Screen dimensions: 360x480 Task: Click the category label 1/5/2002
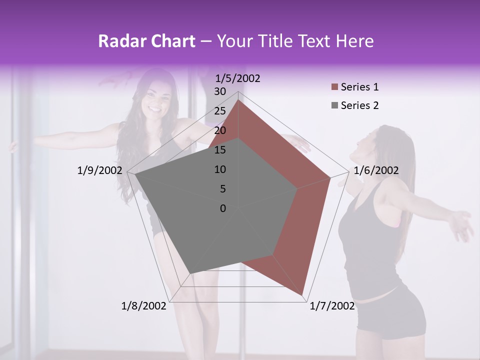click(238, 78)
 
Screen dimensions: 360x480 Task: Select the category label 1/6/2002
click(376, 170)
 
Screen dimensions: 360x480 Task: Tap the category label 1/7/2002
click(332, 306)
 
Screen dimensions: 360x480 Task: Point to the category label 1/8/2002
click(144, 306)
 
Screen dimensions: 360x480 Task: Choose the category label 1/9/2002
click(100, 170)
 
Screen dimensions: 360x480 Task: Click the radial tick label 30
click(220, 91)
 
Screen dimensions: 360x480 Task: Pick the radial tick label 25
click(220, 111)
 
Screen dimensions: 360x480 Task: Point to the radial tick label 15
click(220, 150)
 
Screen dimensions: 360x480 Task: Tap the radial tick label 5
click(222, 189)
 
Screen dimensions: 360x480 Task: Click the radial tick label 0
click(223, 208)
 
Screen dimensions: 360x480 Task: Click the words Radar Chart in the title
click(146, 41)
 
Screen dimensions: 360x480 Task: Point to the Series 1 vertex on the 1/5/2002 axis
click(238, 100)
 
